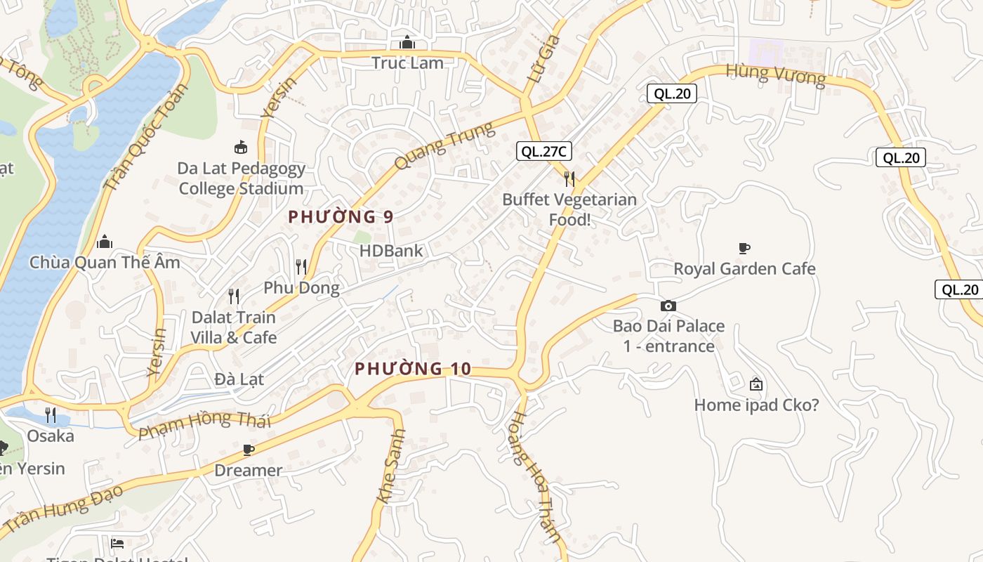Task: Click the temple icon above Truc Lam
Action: (x=407, y=43)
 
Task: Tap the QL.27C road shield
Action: (x=543, y=151)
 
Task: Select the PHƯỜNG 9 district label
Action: (x=341, y=217)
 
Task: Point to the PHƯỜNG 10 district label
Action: (x=412, y=369)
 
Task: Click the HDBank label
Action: (x=391, y=251)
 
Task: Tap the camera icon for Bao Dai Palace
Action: (x=668, y=306)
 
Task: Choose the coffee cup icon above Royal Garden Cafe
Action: (x=744, y=248)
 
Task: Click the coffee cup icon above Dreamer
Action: (x=247, y=450)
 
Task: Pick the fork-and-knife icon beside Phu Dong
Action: (x=301, y=267)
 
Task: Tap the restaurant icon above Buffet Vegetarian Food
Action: (x=569, y=179)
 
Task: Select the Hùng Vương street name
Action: (x=776, y=74)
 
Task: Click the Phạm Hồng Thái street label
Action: (x=204, y=424)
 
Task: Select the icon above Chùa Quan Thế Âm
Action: (x=105, y=242)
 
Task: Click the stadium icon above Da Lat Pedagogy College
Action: (x=241, y=147)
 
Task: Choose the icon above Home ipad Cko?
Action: (x=756, y=384)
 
